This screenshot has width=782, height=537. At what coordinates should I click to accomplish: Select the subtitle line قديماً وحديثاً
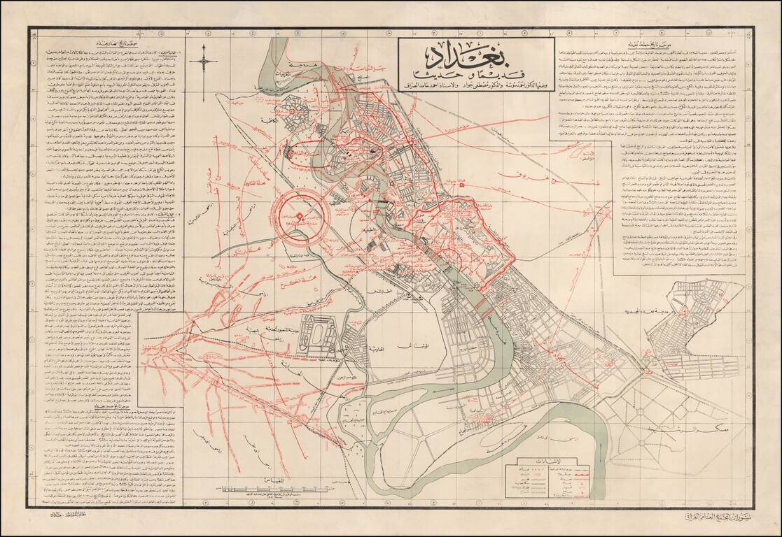[477, 75]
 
